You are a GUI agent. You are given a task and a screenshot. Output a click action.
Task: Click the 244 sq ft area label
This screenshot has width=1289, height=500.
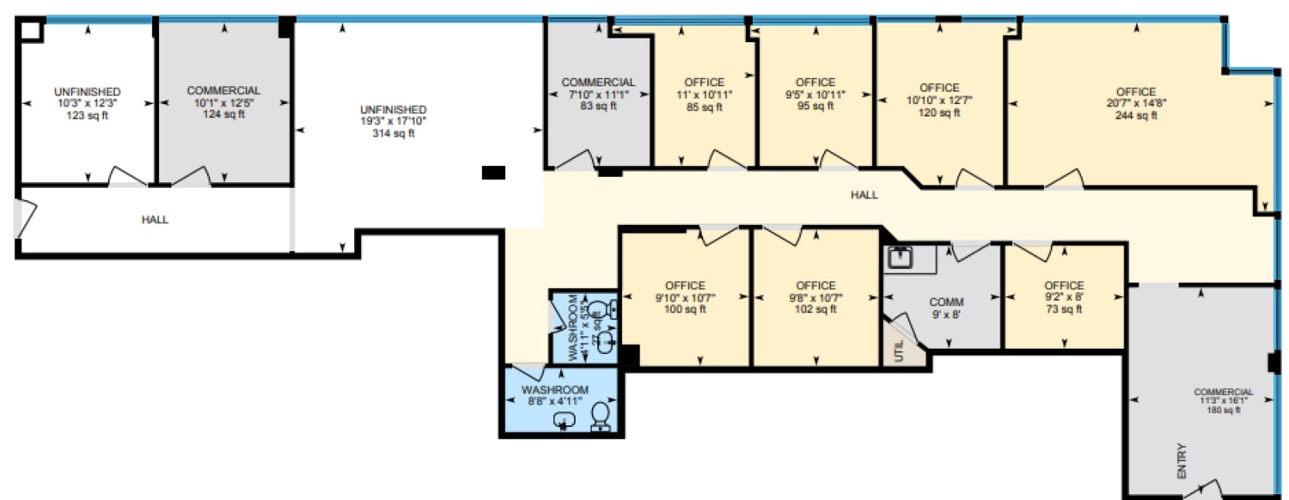click(1136, 116)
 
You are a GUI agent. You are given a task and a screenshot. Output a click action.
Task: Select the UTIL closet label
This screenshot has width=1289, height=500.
click(899, 352)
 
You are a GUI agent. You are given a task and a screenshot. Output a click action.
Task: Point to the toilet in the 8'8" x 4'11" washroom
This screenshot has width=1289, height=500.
click(601, 417)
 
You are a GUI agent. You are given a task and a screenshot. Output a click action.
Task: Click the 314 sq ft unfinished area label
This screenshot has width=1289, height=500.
click(393, 133)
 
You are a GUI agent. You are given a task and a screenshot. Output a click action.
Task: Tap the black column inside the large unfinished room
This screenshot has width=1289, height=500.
click(493, 173)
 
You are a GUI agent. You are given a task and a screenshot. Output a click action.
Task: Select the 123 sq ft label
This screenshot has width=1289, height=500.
click(87, 115)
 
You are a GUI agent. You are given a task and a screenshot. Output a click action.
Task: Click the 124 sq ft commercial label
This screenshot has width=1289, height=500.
click(223, 114)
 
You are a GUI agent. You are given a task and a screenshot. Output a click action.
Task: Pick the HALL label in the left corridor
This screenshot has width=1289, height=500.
click(155, 220)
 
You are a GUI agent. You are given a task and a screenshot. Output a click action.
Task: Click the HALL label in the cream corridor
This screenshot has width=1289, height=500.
click(864, 195)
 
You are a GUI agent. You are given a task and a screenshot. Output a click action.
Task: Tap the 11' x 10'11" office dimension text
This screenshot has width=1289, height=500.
click(704, 95)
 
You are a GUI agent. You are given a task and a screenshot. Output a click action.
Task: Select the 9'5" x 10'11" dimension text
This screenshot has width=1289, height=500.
click(815, 95)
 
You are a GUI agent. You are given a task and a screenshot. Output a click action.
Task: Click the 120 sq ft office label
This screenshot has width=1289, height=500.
click(939, 113)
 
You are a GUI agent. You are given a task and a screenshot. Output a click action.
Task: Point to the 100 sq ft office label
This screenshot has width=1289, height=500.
click(685, 310)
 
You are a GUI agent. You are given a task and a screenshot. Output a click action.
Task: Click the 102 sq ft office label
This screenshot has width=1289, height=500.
click(815, 310)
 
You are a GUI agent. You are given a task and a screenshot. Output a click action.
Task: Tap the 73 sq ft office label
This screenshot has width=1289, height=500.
click(1063, 310)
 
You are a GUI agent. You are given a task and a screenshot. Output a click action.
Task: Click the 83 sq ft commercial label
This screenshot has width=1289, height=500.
click(598, 107)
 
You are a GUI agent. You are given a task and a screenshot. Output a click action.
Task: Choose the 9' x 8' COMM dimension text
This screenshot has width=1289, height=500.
click(946, 314)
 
